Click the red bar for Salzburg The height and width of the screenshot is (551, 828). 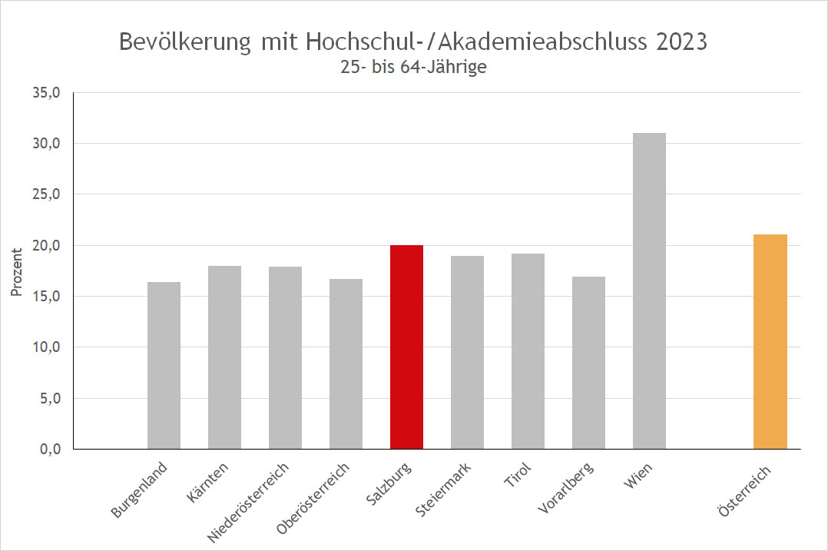[x=406, y=347]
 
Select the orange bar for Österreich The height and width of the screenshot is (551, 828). [x=770, y=341]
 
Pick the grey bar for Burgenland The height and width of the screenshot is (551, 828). [x=164, y=365]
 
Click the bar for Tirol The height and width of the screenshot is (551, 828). [x=528, y=351]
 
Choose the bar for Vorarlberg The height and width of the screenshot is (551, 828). [x=588, y=362]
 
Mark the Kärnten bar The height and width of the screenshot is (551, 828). [x=224, y=357]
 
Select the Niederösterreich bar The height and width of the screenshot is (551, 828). [x=285, y=357]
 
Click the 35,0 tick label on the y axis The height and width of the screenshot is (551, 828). [x=46, y=93]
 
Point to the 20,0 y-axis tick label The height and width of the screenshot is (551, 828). [x=46, y=246]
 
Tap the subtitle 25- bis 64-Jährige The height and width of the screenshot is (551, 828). [x=414, y=67]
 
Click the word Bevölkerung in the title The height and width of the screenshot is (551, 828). [x=184, y=41]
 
